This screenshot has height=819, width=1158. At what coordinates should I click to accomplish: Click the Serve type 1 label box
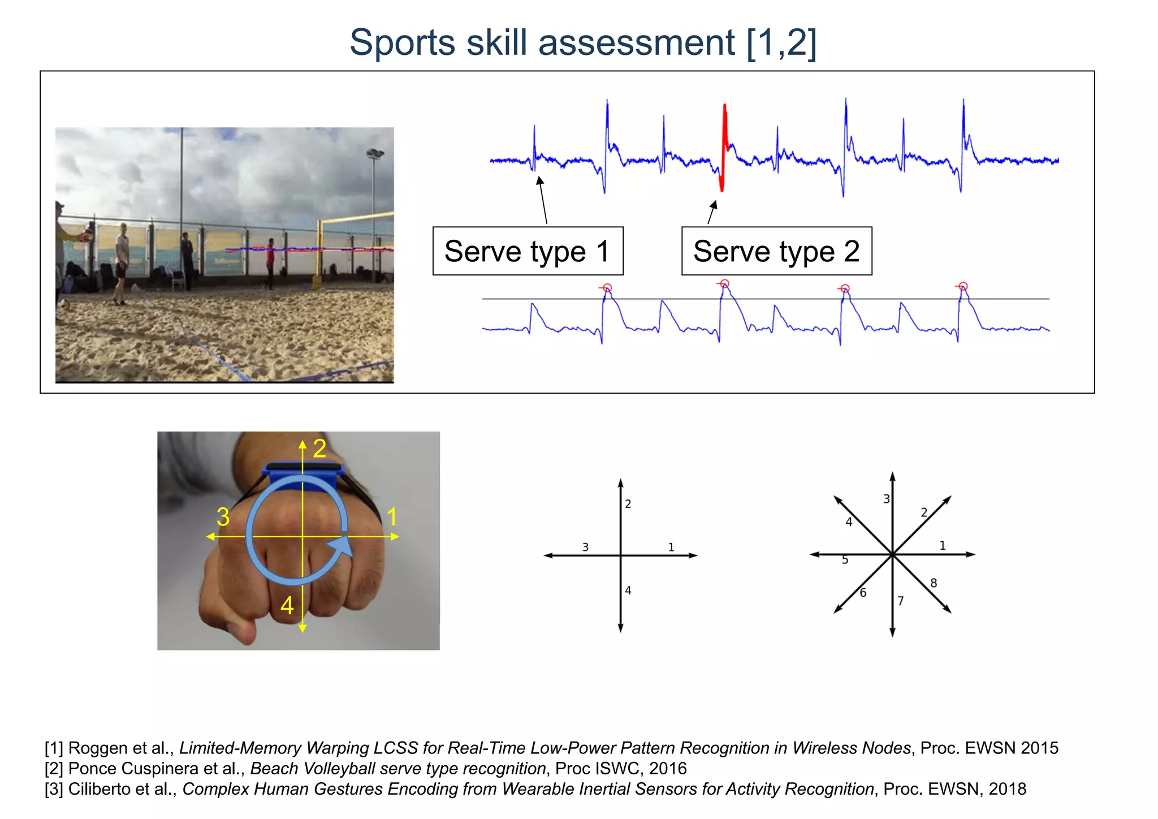click(528, 251)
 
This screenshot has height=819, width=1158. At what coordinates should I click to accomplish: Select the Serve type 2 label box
click(776, 251)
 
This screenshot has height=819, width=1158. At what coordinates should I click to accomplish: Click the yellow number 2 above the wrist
click(319, 449)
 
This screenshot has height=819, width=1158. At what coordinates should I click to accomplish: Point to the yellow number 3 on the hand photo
click(223, 517)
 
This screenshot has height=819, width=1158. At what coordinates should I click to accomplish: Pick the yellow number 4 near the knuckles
click(287, 606)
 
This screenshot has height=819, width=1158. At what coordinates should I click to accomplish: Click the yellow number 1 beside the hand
click(392, 517)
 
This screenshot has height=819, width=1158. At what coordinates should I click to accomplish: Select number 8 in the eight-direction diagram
click(934, 583)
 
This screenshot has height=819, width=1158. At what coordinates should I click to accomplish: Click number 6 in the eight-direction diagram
click(863, 593)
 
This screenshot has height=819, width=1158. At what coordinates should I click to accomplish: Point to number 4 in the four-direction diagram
click(628, 590)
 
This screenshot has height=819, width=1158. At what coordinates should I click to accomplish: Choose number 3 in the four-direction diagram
click(585, 547)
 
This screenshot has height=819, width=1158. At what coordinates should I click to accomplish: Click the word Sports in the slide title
click(402, 42)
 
